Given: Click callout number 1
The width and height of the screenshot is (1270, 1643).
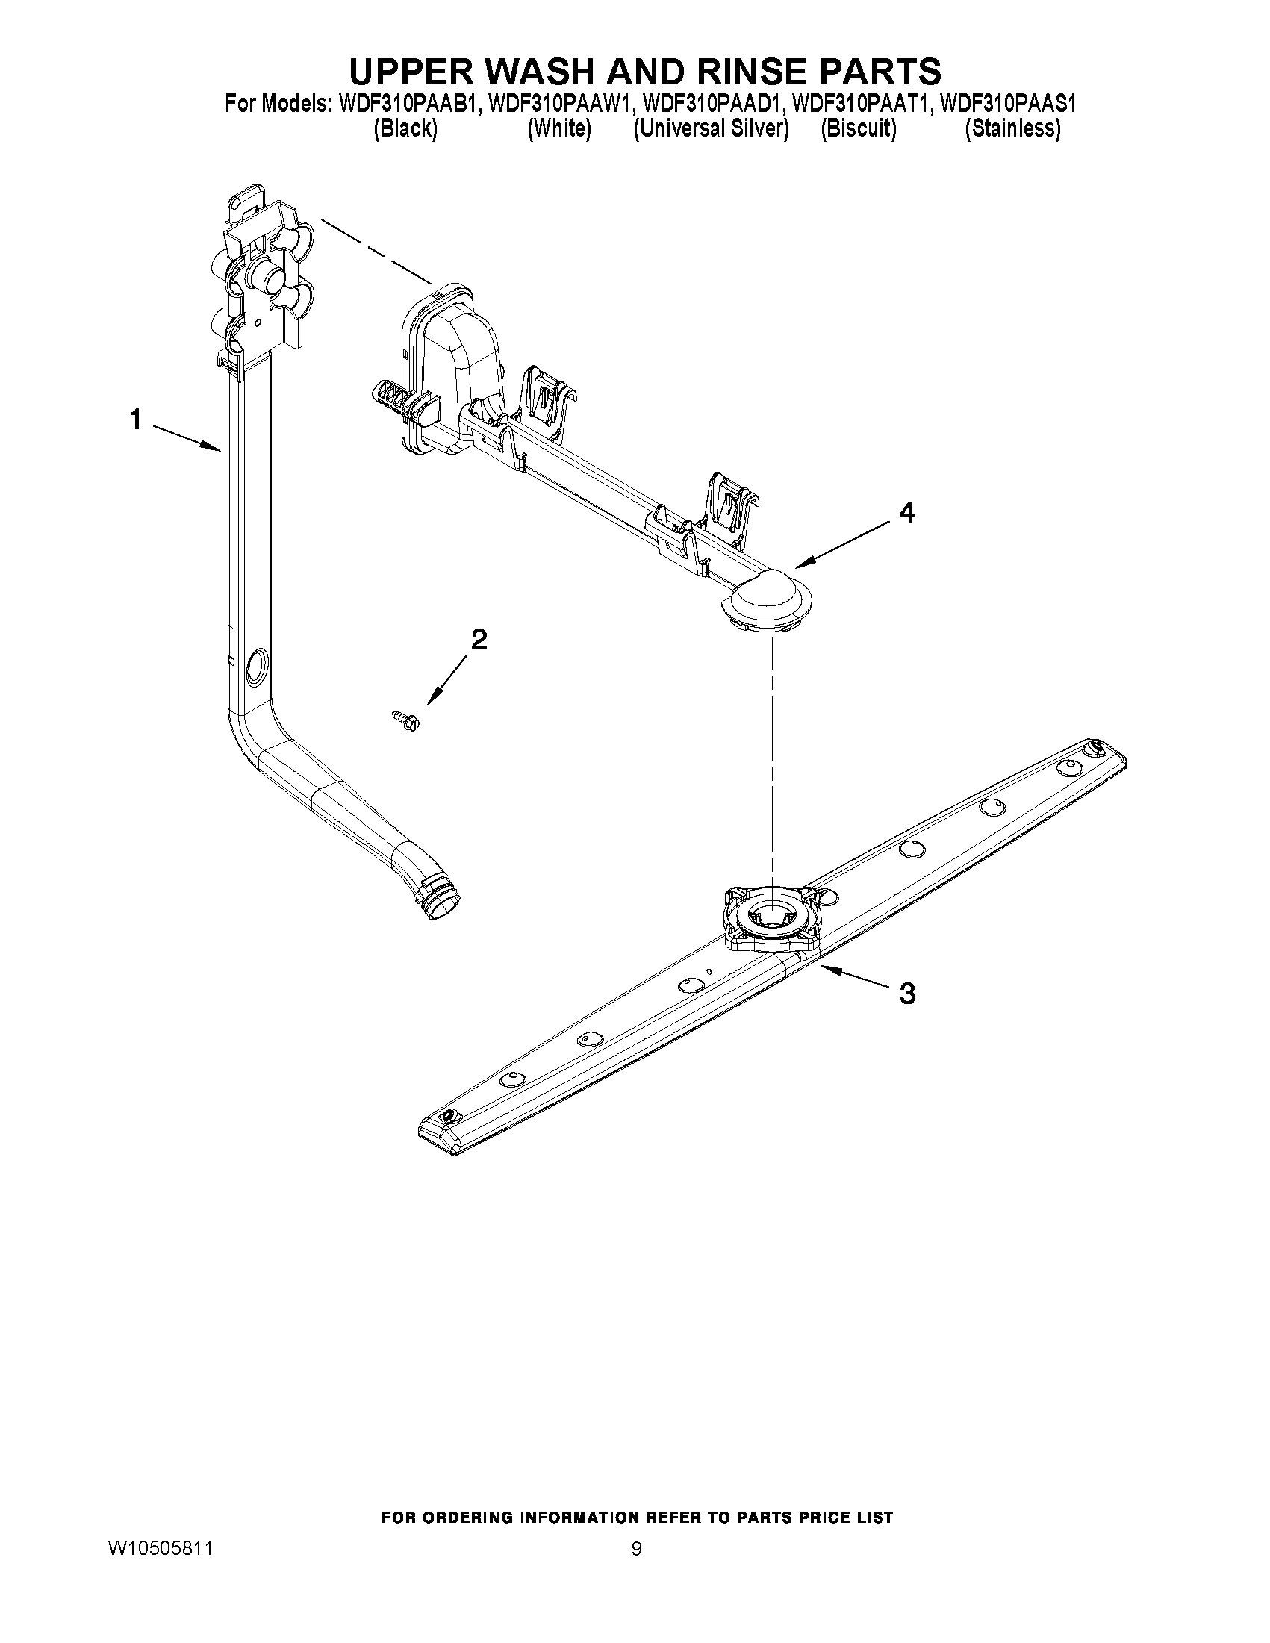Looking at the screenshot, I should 136,419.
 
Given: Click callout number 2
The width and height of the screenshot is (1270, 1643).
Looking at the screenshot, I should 479,640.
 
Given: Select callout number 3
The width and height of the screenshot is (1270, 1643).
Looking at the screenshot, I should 907,994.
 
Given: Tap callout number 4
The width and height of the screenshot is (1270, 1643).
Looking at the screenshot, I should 907,512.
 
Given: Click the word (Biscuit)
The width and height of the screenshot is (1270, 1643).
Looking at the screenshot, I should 859,129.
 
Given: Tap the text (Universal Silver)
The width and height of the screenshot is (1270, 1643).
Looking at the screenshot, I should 711,129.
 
